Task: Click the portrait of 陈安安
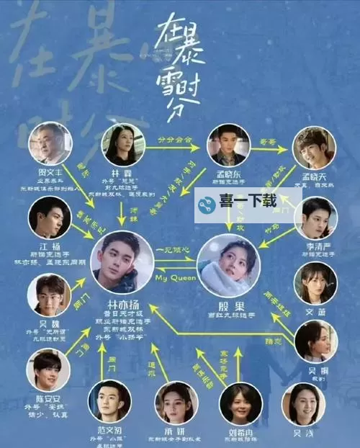pos(48,370)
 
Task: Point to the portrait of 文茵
pos(315,282)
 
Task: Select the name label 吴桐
pos(313,367)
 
